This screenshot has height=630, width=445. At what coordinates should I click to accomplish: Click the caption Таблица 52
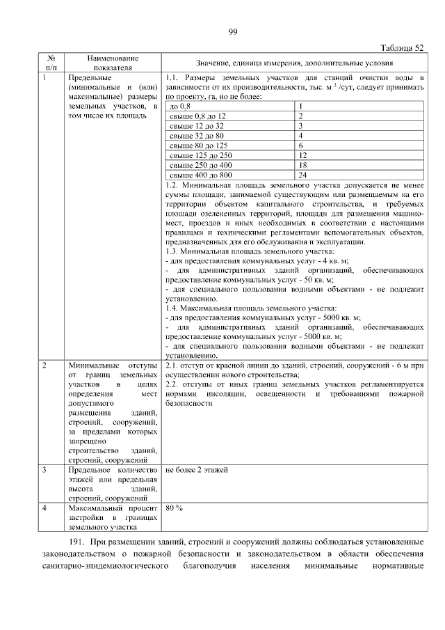(403, 47)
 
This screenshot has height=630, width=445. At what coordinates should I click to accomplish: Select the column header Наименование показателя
(113, 63)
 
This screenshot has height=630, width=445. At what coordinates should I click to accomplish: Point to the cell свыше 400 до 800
(202, 175)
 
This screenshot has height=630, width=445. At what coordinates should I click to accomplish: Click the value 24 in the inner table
(302, 175)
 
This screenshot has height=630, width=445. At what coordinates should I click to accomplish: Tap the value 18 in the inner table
(302, 166)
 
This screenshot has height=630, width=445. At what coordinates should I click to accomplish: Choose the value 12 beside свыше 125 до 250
(302, 155)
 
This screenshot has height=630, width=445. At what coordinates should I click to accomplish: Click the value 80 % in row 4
(175, 508)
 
